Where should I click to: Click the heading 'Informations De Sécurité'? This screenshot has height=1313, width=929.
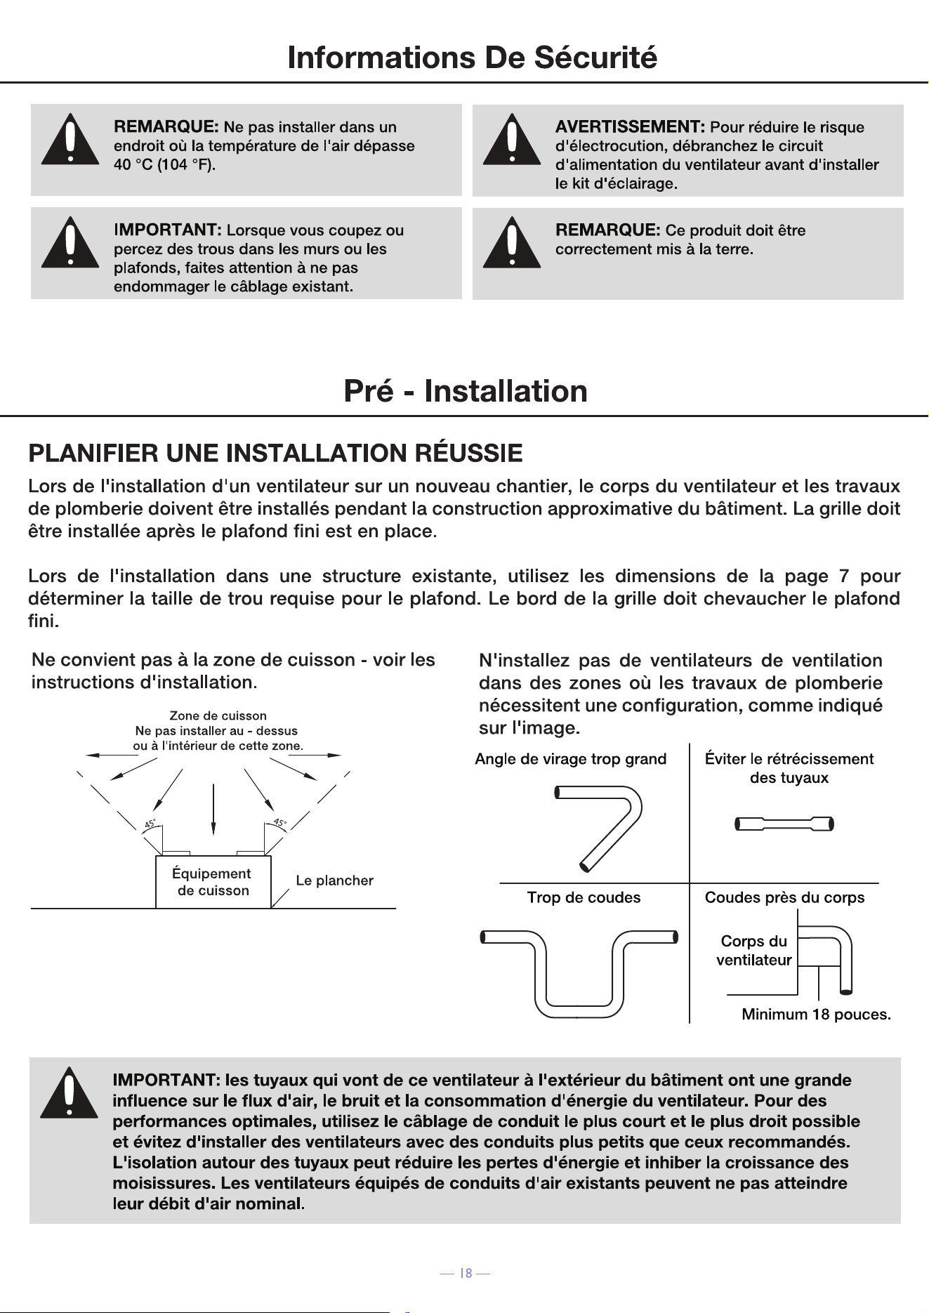click(x=472, y=58)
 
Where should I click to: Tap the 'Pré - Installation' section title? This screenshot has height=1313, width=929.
click(x=465, y=391)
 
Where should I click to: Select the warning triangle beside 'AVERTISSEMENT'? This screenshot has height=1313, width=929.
click(x=512, y=139)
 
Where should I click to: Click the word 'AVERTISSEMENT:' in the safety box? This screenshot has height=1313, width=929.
click(x=630, y=127)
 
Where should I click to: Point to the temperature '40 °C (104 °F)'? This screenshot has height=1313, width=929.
click(x=164, y=165)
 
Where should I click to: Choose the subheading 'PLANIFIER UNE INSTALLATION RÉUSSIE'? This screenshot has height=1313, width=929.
click(x=275, y=453)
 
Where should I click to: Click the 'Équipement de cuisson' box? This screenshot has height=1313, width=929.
click(x=213, y=882)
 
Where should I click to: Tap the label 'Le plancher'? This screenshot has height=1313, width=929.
click(x=334, y=880)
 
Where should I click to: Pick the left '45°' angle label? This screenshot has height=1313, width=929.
click(x=150, y=824)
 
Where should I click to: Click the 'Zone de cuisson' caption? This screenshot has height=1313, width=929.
click(x=218, y=715)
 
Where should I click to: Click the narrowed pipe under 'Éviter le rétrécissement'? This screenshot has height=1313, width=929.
click(x=784, y=824)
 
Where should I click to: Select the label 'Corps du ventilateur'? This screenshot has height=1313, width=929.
click(x=753, y=951)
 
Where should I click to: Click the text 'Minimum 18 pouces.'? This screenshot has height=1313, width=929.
click(x=816, y=1014)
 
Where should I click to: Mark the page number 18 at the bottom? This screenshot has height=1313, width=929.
click(x=465, y=1273)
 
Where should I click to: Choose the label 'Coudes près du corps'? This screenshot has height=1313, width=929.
click(x=784, y=897)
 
